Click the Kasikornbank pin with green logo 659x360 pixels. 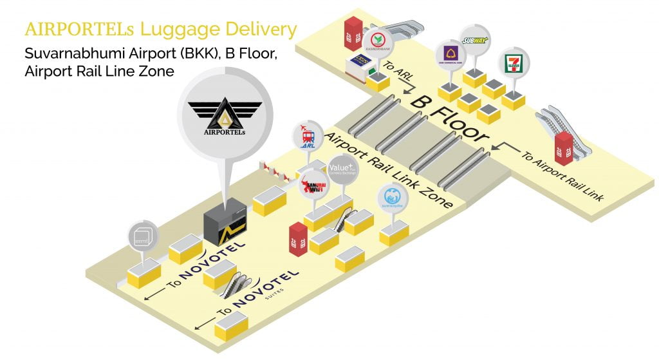click(378, 43)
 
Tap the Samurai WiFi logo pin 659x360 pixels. click(315, 182)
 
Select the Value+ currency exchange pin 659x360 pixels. click(342, 169)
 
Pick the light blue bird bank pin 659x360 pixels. click(392, 197)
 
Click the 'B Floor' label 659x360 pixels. click(450, 118)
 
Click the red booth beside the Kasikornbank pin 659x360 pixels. click(352, 33)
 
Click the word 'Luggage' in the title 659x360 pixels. click(157, 30)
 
